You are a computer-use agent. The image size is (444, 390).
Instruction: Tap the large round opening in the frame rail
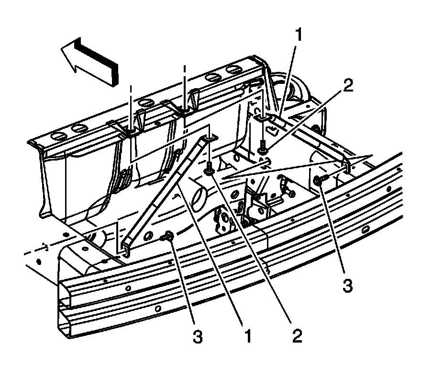point(199,196)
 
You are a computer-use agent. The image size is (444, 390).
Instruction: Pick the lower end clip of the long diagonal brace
point(125,247)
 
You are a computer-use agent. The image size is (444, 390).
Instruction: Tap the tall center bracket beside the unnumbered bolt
point(254,204)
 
